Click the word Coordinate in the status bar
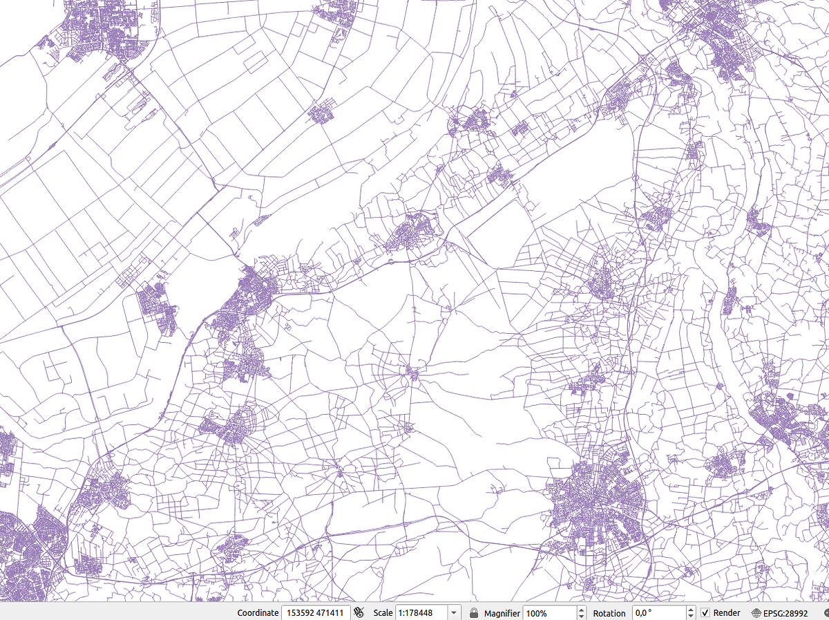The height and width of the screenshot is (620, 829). coord(258,613)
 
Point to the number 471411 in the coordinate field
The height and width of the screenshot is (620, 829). coord(331,613)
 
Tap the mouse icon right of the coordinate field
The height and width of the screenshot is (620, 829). coord(359,612)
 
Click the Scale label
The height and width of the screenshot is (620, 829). coord(383,613)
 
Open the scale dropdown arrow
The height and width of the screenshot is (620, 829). coord(454,613)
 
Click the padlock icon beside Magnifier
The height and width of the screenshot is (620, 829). coord(474,612)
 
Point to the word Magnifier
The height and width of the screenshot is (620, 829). coord(502,613)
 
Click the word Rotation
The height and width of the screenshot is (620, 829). coord(609,613)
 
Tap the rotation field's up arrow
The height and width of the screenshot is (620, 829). coord(691,610)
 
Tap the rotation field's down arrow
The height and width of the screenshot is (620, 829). coord(691,617)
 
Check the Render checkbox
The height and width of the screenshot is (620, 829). coord(705,613)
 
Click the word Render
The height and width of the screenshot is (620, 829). coord(727,613)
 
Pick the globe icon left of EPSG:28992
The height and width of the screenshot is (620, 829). coord(756,613)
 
